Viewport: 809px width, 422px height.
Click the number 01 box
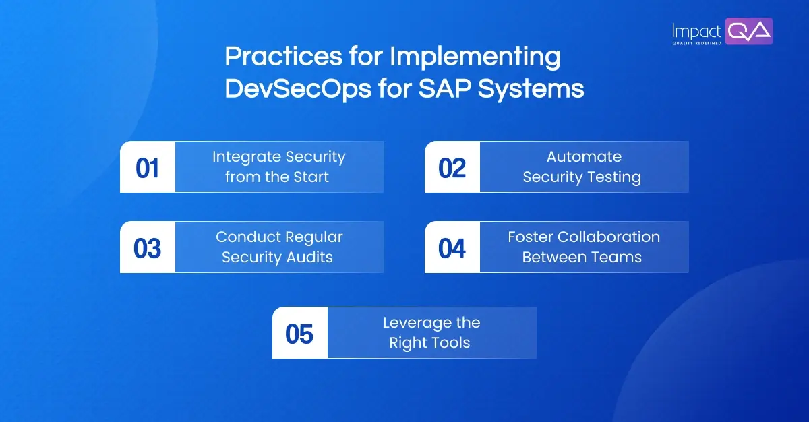point(147,167)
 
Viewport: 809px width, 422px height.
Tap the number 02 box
point(452,167)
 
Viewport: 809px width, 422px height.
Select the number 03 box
point(147,247)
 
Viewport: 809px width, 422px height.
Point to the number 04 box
point(452,247)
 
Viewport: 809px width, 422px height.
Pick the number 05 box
point(299,333)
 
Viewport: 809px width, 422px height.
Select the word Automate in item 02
point(584,157)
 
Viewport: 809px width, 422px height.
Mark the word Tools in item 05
point(451,343)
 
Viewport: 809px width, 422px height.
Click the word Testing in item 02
point(613,177)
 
